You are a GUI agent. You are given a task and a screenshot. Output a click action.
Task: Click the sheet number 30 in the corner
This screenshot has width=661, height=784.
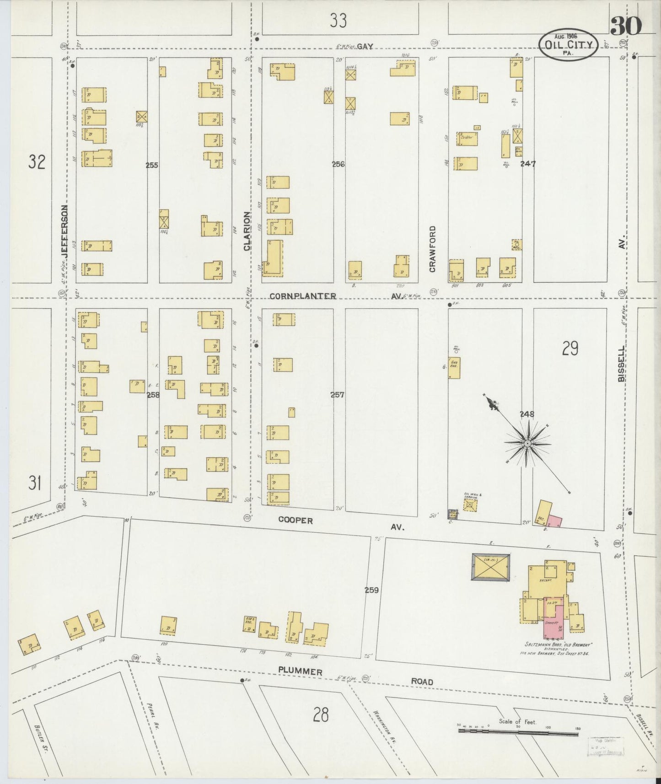[625, 26]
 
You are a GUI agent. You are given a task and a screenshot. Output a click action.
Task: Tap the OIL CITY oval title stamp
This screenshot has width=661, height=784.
[568, 45]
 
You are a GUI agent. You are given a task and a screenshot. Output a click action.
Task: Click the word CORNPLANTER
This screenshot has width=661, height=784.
[303, 296]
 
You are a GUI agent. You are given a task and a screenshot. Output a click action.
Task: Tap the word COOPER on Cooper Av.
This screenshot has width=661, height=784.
[296, 521]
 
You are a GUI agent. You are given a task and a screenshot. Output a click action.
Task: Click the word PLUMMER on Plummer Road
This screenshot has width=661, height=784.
[301, 671]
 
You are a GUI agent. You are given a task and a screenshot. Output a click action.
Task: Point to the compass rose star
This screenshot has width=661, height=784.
[527, 444]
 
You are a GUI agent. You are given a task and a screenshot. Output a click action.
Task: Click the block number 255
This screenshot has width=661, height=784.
[152, 165]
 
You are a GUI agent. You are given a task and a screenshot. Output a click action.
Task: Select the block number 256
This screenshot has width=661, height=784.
[339, 164]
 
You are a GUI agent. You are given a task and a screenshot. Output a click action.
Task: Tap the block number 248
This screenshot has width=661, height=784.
[527, 414]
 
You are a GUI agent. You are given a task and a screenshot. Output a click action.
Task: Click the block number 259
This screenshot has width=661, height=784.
[371, 590]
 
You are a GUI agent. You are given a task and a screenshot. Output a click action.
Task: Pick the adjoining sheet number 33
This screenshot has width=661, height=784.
[338, 21]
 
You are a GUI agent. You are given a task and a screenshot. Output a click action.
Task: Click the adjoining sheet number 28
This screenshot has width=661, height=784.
[321, 714]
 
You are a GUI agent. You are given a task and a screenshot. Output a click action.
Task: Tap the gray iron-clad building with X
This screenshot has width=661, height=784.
[490, 567]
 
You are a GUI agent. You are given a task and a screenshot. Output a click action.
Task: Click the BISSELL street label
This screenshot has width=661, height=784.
[621, 364]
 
